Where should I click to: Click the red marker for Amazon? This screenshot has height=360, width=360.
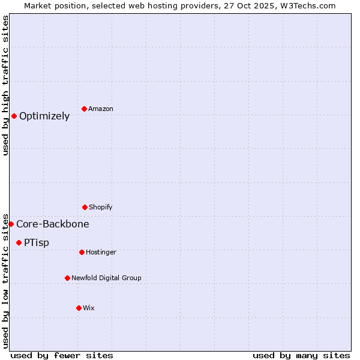click(x=85, y=109)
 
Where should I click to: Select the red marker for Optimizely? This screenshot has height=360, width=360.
click(x=14, y=116)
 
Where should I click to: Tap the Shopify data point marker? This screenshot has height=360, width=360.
click(x=85, y=207)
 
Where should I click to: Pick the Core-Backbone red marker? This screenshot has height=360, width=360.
click(x=11, y=224)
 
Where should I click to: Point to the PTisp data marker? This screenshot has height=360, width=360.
click(x=19, y=242)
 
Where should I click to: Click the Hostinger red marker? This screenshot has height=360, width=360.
click(x=82, y=252)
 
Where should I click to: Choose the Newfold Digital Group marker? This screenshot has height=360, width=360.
click(x=67, y=278)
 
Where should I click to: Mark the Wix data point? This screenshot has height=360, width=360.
click(x=79, y=308)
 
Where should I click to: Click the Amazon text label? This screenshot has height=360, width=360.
click(x=101, y=109)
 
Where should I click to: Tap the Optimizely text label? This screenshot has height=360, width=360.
click(x=44, y=116)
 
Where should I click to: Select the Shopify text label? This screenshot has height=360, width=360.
click(x=101, y=207)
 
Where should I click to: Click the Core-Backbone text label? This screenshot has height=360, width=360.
click(x=53, y=224)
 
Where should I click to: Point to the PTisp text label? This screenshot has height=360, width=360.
click(x=37, y=242)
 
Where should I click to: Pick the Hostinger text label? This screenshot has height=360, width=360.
click(x=101, y=252)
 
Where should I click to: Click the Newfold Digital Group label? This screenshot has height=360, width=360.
click(x=106, y=278)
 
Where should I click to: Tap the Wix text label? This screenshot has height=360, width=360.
click(x=89, y=308)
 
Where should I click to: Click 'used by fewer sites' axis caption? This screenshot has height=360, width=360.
click(x=62, y=355)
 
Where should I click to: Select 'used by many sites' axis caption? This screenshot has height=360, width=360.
click(x=301, y=355)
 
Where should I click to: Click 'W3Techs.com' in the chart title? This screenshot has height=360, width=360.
click(x=308, y=5)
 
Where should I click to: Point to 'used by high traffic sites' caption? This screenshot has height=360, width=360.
click(x=6, y=85)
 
